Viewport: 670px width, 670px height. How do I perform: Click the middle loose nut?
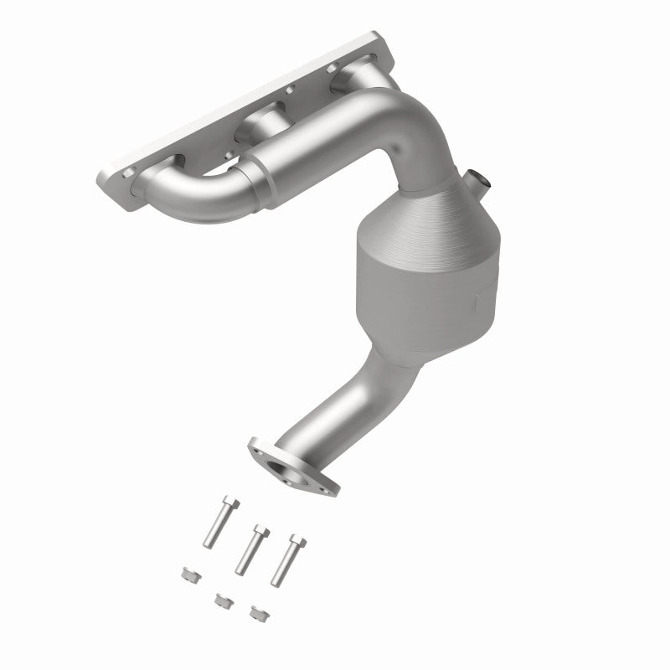click(222, 600)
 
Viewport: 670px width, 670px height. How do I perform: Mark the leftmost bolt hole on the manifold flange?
click(128, 173)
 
